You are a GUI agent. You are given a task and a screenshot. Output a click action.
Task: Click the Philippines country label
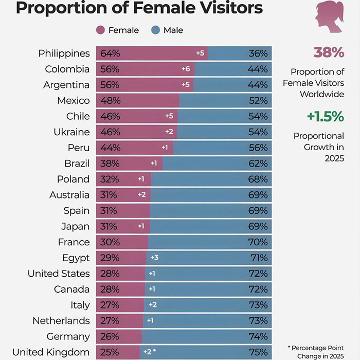64,53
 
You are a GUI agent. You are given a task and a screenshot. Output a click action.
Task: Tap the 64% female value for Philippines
110,53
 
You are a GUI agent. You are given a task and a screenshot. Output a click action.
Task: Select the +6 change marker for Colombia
186,69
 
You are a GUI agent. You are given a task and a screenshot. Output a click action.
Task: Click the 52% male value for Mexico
257,101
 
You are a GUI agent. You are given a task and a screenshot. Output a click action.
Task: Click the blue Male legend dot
155,30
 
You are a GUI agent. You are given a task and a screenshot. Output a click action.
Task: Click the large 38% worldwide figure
328,52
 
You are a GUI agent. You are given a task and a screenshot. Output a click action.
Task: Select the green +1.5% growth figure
325,117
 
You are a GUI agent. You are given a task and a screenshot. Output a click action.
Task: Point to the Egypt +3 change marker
155,258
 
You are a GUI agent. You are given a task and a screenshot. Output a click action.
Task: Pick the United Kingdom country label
51,352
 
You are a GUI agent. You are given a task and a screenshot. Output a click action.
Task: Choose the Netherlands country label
61,321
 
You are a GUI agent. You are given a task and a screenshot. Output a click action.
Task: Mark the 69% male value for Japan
257,227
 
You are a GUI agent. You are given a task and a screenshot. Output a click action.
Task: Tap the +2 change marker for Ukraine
169,132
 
